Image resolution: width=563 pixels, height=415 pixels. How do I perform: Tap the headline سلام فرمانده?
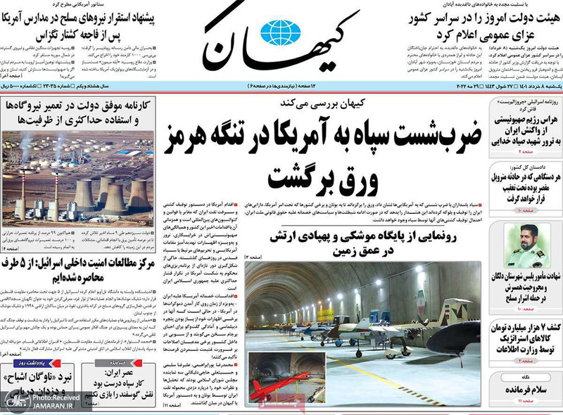524,387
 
